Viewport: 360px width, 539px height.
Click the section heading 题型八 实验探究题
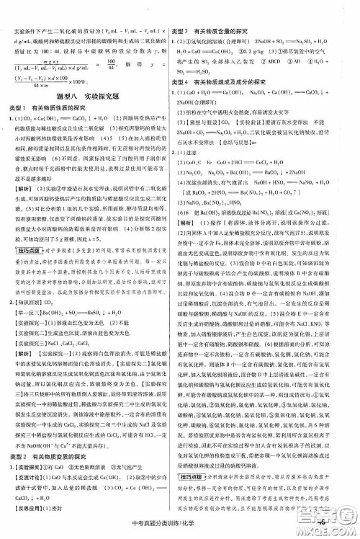click(86, 94)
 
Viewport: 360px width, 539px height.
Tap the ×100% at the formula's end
click(89, 81)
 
